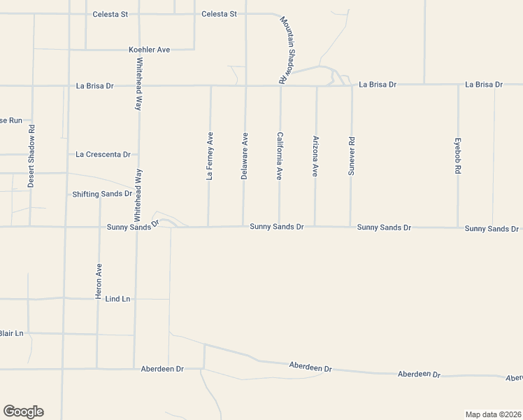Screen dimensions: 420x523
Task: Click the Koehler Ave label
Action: coord(150,50)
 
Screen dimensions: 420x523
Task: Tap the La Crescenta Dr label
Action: coord(103,154)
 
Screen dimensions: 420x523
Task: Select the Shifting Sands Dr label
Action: coord(102,194)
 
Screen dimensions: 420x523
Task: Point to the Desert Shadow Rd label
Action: coord(31,156)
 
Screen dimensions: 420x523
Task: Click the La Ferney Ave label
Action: coord(210,156)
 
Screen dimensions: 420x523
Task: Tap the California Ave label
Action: coord(280,156)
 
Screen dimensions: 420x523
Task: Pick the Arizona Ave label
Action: coord(316,156)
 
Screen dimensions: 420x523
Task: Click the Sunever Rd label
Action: coord(352,156)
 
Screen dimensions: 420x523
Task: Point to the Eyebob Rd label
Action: coord(458,156)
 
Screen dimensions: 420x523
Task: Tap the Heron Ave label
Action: coord(99,281)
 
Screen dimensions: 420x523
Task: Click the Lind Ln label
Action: coord(117,299)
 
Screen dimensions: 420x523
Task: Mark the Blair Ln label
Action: coord(11,333)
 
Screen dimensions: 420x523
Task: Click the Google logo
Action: coord(23,412)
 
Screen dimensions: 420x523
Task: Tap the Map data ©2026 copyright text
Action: coord(494,414)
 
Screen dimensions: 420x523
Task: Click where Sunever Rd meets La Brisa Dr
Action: coord(352,85)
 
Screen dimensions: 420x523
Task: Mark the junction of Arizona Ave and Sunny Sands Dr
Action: coord(315,226)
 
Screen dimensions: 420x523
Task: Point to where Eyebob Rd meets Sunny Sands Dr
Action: coord(458,227)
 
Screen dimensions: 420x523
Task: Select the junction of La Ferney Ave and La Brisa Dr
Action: coord(210,86)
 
